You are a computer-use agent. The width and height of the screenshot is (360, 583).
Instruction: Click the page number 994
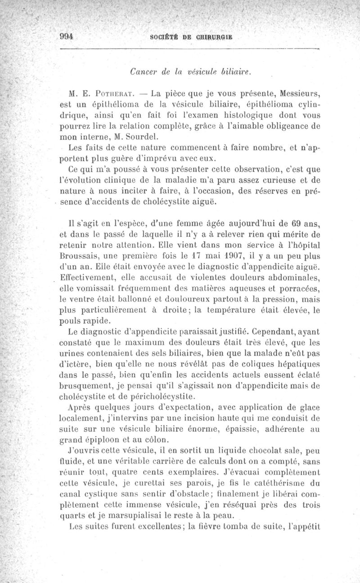pos(67,37)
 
